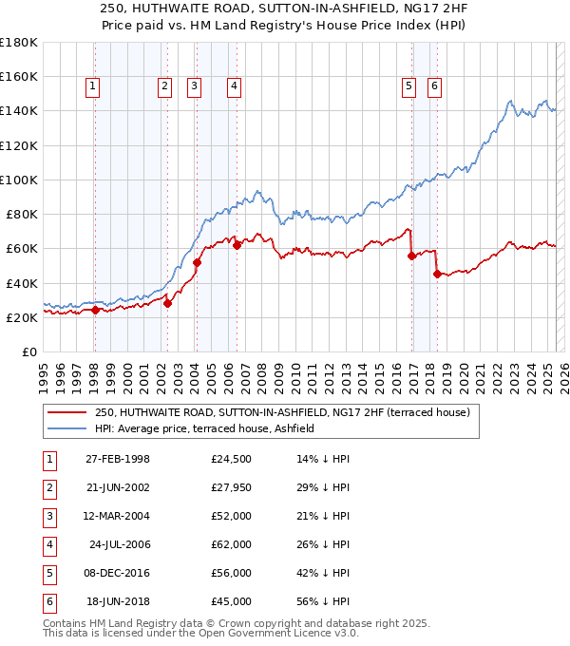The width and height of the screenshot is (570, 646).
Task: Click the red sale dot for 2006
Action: pyautogui.click(x=237, y=245)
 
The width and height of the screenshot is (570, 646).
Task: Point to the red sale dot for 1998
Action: pyautogui.click(x=95, y=310)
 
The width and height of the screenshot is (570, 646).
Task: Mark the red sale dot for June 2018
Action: pyautogui.click(x=437, y=275)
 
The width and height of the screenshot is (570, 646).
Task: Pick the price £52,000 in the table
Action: pyautogui.click(x=232, y=517)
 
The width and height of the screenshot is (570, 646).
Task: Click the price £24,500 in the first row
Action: pyautogui.click(x=232, y=460)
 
